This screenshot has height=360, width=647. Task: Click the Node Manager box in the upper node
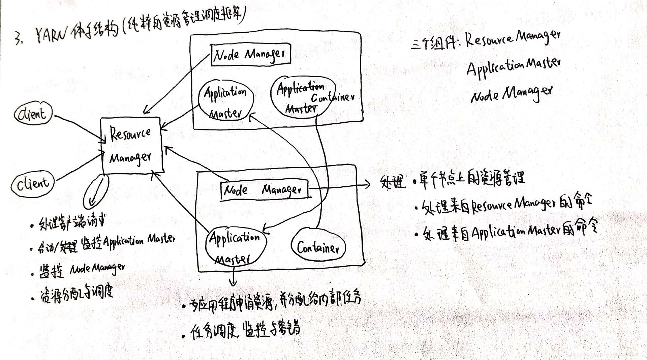(250, 54)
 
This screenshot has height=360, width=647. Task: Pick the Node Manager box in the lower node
(264, 190)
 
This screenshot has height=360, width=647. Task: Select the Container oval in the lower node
(318, 248)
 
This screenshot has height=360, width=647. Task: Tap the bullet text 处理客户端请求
(72, 223)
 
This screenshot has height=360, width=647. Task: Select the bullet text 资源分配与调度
(76, 293)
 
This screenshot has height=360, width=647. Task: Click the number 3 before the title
(18, 38)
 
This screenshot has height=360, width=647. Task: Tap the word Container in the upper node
(332, 97)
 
